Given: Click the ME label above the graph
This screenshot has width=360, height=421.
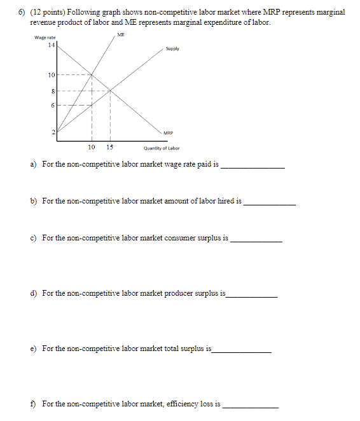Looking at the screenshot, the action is point(121,34).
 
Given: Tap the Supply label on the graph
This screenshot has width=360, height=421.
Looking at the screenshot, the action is point(172,49).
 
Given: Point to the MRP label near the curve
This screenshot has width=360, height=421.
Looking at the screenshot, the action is point(169,134).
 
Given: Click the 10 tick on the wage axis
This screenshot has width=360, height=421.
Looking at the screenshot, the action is point(52,76).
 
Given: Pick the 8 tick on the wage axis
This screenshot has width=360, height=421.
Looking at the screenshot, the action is point(53,91).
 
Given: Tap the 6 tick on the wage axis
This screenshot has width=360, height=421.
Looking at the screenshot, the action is point(53,106).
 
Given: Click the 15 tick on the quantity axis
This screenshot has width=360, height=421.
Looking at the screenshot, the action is point(110,147).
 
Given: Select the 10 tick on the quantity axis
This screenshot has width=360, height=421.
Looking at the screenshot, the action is point(92,147).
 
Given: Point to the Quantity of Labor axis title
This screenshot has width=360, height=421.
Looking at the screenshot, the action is point(162,148).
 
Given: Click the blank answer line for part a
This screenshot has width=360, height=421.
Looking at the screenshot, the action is point(253,167).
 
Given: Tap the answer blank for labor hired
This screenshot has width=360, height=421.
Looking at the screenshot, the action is point(270,204).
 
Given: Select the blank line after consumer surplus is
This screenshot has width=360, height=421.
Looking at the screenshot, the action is point(256,241).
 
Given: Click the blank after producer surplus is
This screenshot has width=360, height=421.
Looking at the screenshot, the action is point(252,296).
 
